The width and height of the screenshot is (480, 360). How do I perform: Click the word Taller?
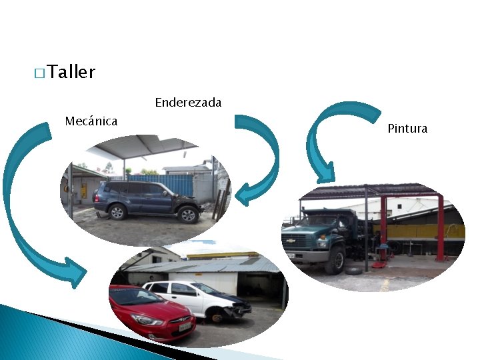71,72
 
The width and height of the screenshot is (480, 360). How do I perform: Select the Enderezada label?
188,103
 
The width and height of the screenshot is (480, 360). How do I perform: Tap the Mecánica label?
91,121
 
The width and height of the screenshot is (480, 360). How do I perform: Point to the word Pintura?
407,129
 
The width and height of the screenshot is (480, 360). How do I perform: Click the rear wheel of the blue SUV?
118,212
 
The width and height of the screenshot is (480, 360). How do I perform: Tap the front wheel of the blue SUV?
188,215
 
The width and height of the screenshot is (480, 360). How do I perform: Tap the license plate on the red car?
181,327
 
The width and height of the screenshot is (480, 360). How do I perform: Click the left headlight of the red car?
148,320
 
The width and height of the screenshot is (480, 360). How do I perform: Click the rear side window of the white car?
159,288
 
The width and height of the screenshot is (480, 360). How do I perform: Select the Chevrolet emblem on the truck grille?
290,239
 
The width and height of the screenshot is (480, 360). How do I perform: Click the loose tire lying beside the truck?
353,271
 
